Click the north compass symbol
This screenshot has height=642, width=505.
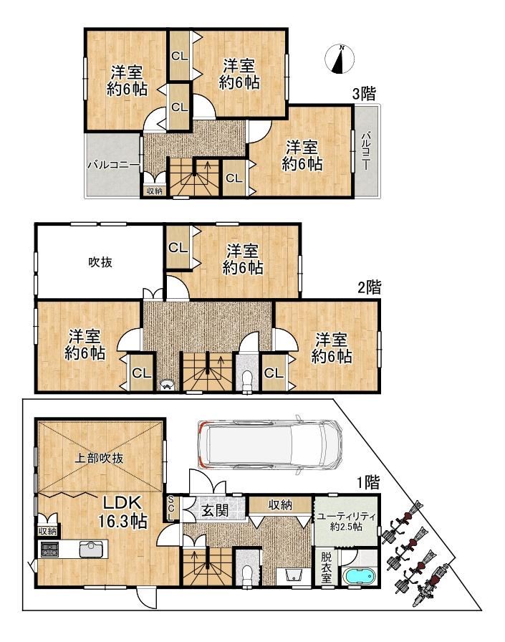340,59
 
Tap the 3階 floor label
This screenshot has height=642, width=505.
364,94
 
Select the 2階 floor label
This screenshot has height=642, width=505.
369,287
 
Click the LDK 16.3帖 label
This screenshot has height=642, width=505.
122,512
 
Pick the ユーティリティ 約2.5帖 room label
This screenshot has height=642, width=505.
346,521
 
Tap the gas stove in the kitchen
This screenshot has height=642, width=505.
50,549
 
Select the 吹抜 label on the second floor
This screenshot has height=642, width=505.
100,262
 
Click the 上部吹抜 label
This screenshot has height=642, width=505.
99,458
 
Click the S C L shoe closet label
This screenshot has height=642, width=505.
171,509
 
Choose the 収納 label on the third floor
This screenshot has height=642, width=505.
154,191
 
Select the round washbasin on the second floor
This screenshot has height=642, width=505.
168,385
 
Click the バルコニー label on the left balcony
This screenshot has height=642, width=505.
114,166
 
